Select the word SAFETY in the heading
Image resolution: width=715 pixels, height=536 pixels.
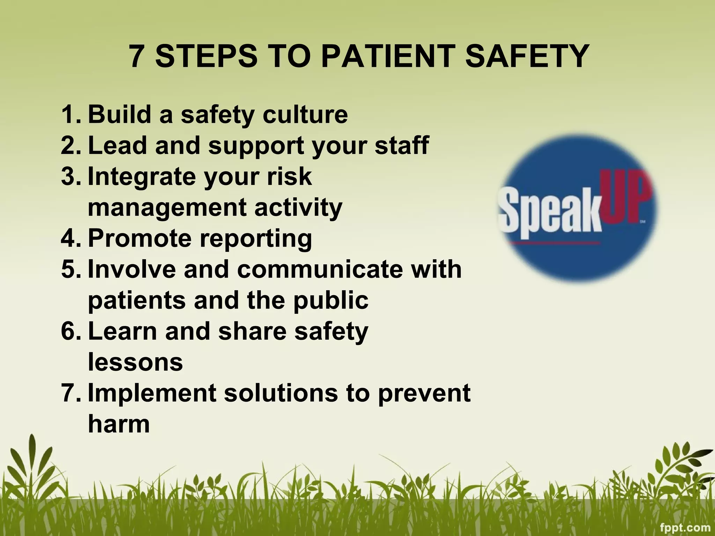click(527, 56)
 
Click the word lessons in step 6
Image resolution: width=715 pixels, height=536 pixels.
click(135, 362)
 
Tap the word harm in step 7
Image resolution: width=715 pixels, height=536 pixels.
click(119, 424)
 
